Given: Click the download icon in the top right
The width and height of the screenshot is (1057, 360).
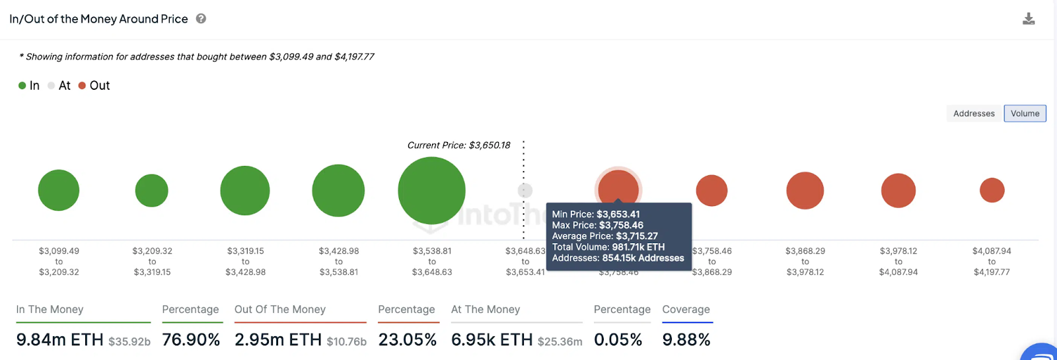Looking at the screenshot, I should tap(1029, 18).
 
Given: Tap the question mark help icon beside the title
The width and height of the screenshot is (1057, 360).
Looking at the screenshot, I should tap(201, 18).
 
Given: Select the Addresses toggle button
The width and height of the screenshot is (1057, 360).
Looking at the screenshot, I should tap(974, 114).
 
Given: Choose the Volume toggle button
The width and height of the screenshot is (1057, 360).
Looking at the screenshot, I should tap(1025, 114).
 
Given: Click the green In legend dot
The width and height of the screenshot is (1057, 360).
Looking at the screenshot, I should tap(22, 85).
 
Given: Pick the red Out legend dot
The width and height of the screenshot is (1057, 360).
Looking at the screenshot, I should tap(83, 85).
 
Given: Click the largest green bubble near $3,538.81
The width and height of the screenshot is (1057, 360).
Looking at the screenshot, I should tap(431, 190).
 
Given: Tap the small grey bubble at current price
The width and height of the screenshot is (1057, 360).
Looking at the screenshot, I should tap(525, 190).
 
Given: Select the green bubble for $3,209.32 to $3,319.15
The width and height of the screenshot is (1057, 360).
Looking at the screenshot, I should tap(152, 190).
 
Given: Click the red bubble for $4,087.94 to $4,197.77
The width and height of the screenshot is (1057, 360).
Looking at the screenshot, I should tap(992, 190).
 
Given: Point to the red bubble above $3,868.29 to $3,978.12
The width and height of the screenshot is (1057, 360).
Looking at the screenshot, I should tap(805, 190).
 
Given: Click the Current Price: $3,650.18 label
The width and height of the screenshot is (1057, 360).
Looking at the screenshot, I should tap(458, 145).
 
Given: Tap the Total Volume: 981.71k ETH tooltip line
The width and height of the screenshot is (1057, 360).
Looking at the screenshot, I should tap(608, 247).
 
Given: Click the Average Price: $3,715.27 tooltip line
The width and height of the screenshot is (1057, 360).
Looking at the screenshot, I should tap(604, 236).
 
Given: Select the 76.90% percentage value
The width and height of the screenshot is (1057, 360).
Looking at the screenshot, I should tap(191, 340).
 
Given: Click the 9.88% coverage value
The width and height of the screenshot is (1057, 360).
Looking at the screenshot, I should tap(686, 340).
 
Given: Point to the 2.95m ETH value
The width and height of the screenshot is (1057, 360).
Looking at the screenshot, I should tap(277, 340).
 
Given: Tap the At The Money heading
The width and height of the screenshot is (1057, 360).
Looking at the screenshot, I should tap(486, 309).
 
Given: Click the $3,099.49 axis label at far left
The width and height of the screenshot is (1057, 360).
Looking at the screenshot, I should tap(59, 251).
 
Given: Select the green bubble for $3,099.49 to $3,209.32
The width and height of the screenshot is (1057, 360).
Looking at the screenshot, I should tap(59, 190).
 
